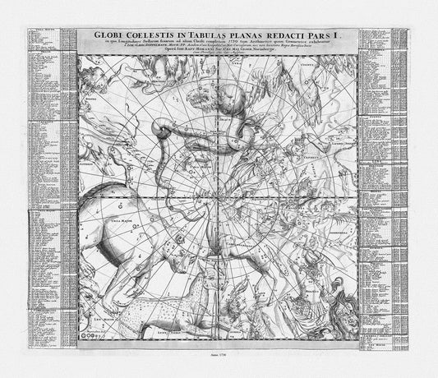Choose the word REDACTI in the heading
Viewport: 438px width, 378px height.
(308, 35)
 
